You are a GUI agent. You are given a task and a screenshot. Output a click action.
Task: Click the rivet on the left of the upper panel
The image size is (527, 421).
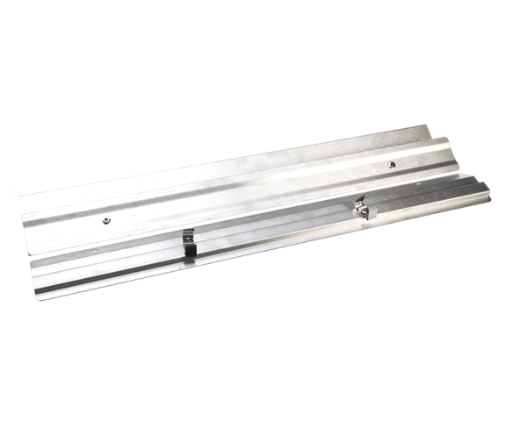[x=105, y=220]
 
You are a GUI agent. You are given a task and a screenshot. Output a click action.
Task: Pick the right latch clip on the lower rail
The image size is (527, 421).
[x=364, y=209]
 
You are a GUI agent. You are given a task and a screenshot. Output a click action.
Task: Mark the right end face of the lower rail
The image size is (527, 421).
[x=485, y=190]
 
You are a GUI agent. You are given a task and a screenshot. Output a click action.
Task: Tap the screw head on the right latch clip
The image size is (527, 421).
[x=359, y=206]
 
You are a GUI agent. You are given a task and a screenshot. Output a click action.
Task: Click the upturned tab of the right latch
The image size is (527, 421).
[x=372, y=213]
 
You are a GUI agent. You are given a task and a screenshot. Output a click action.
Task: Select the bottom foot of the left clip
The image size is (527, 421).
[x=188, y=260]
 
